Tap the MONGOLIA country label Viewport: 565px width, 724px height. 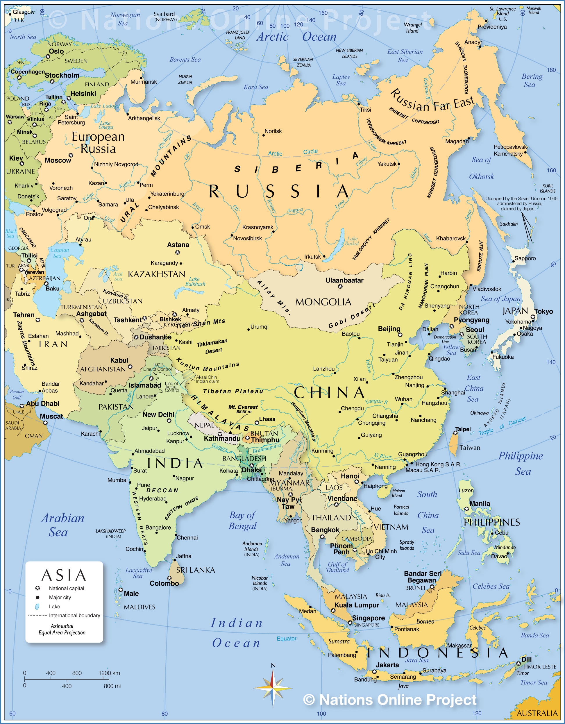323,302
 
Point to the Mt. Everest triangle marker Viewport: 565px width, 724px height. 230,432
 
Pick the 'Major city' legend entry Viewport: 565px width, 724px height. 60,597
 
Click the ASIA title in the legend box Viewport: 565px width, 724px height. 64,575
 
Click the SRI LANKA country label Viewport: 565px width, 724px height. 196,570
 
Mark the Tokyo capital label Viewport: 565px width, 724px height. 543,311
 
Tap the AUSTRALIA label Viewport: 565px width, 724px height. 537,713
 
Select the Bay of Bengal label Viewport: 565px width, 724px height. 243,521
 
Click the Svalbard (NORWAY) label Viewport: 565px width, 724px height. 165,16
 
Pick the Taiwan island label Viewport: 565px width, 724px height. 469,448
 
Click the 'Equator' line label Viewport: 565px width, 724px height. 287,639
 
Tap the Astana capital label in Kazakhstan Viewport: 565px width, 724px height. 178,245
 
